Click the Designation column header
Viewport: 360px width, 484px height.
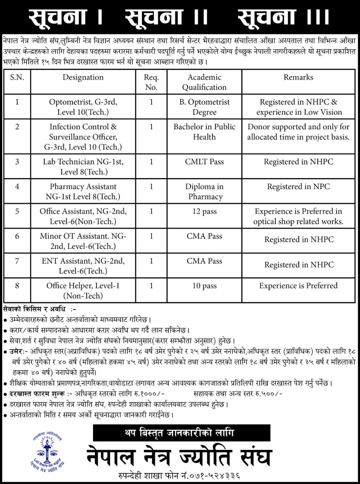coord(83,78)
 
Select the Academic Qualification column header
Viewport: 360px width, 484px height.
coord(204,82)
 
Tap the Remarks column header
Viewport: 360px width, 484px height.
coord(298,78)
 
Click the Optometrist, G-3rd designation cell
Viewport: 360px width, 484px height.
coord(83,107)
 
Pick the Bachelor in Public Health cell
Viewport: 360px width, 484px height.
coord(204,132)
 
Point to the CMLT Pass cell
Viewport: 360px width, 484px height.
coord(204,162)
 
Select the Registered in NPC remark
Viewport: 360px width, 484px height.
coord(298,186)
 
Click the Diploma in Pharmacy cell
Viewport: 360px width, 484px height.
coord(204,191)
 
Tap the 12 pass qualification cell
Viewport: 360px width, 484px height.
coord(204,211)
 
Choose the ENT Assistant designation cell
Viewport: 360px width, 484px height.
coord(83,266)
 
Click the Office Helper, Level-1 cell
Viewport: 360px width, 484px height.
coord(83,290)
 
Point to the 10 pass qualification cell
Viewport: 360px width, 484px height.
coord(204,286)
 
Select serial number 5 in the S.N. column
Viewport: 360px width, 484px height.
coord(17,211)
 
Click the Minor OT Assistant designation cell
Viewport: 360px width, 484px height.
coord(83,241)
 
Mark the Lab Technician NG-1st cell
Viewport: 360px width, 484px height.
coord(83,167)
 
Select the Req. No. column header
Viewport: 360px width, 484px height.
coord(151,82)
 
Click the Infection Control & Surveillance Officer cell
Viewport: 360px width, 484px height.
coord(83,137)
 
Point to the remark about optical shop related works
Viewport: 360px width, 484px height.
coord(298,216)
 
